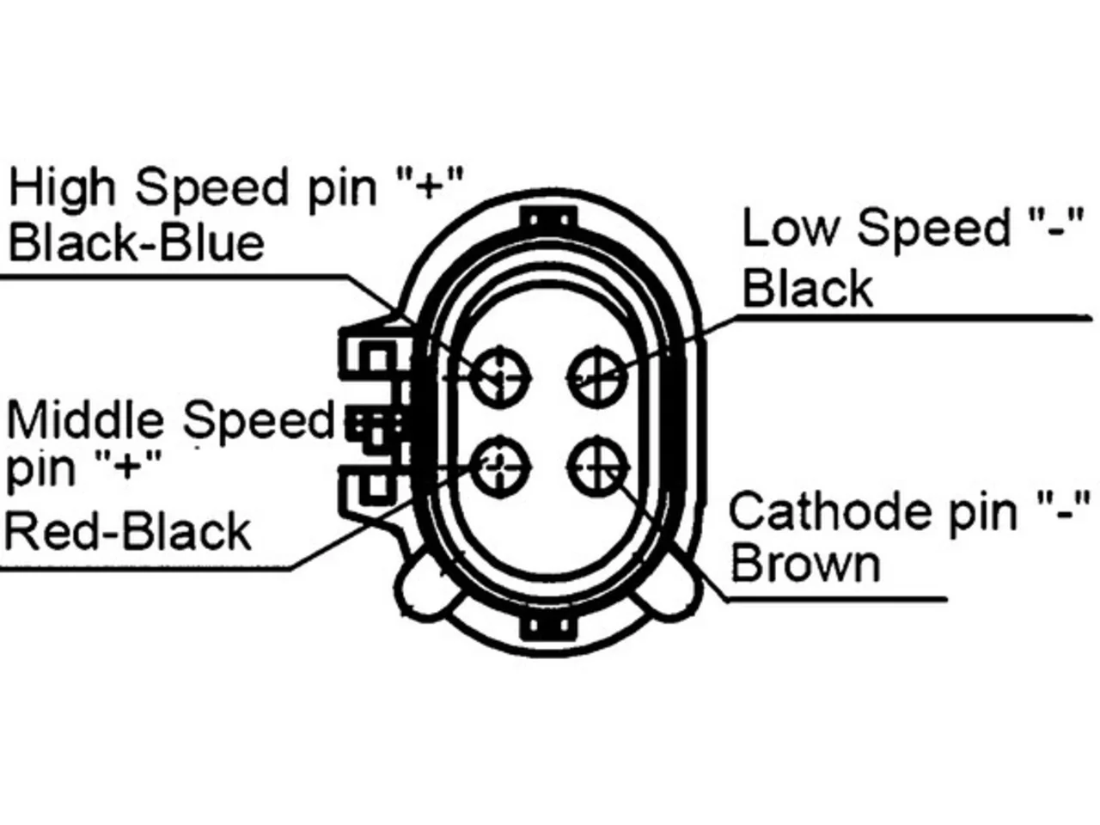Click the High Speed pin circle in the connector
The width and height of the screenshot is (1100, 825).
click(x=501, y=376)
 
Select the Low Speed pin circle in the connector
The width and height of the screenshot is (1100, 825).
click(x=597, y=376)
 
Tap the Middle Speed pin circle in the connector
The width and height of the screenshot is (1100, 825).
click(x=501, y=467)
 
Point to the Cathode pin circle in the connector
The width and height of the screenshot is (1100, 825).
click(x=597, y=467)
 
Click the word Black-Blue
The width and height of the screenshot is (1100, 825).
click(x=137, y=243)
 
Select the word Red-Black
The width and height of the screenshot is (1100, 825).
click(x=128, y=531)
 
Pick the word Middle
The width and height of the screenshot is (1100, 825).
click(x=85, y=419)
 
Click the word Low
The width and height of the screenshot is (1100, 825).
click(x=791, y=229)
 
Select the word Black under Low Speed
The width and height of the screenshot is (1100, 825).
click(x=808, y=288)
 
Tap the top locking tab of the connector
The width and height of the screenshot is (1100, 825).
click(x=549, y=218)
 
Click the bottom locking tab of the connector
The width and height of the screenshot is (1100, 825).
click(x=549, y=626)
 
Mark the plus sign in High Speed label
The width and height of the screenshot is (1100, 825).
click(x=429, y=186)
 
